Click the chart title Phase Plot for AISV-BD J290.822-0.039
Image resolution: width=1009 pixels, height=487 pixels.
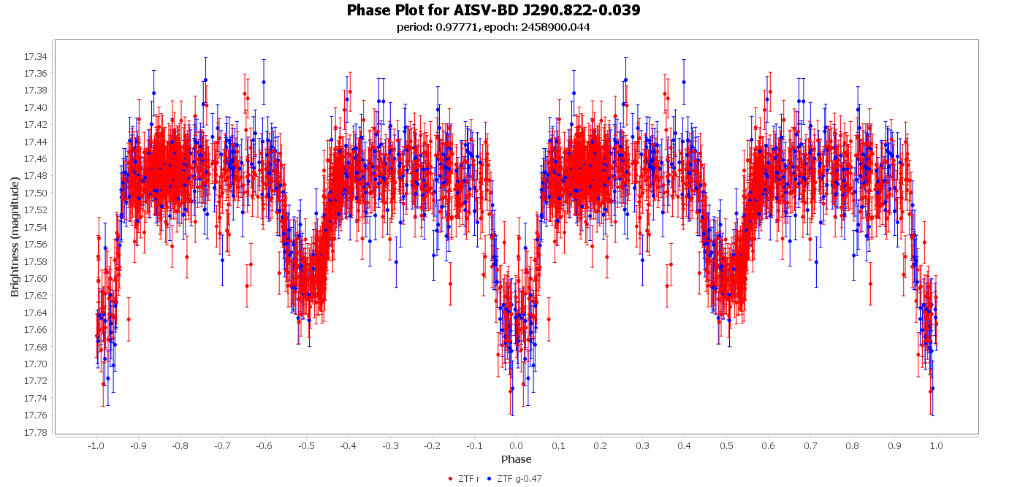pos(493,10)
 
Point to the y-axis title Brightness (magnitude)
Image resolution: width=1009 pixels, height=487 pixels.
pos(15,237)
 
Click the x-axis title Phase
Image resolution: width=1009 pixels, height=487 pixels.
pos(516,459)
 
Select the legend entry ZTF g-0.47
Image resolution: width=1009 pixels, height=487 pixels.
pos(519,479)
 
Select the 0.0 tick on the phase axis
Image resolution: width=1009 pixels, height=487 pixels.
pos(516,445)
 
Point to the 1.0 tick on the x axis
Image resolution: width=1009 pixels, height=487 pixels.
pos(937,445)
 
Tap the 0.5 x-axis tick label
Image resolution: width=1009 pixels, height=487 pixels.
pos(726,445)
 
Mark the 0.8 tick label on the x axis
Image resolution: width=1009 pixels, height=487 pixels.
pos(853,445)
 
